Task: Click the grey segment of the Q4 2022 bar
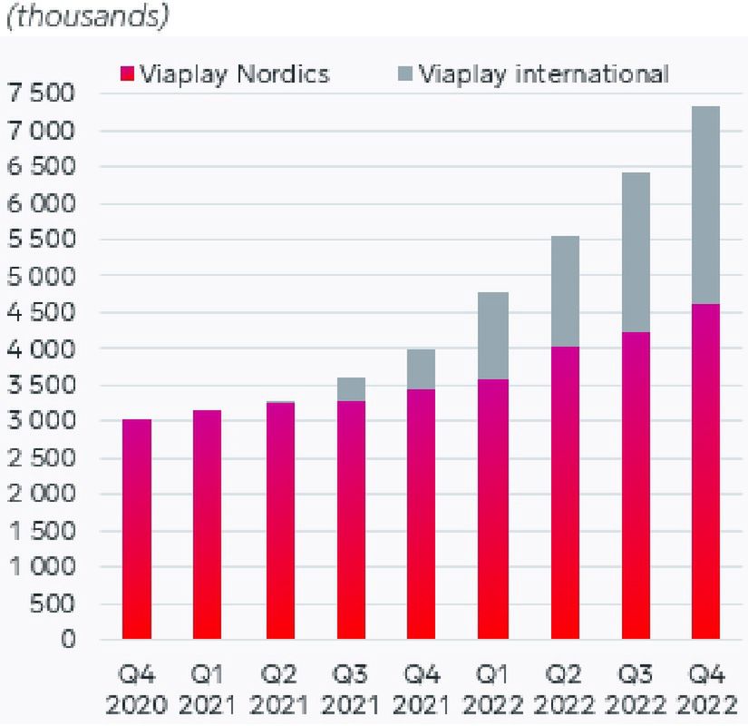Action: pos(704,205)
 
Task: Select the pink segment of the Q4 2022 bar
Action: pos(704,472)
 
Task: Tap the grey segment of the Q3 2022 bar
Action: pos(635,252)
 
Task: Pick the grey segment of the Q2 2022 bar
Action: pos(564,291)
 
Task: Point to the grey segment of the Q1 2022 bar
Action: pos(493,336)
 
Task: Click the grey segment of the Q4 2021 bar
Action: pos(422,369)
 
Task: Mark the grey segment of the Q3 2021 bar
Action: pos(351,389)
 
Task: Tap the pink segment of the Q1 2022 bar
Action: pos(493,509)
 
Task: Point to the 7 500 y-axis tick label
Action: pos(44,93)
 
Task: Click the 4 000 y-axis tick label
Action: pos(44,348)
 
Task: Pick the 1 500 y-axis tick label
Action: pos(44,531)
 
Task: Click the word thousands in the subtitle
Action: pos(88,17)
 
